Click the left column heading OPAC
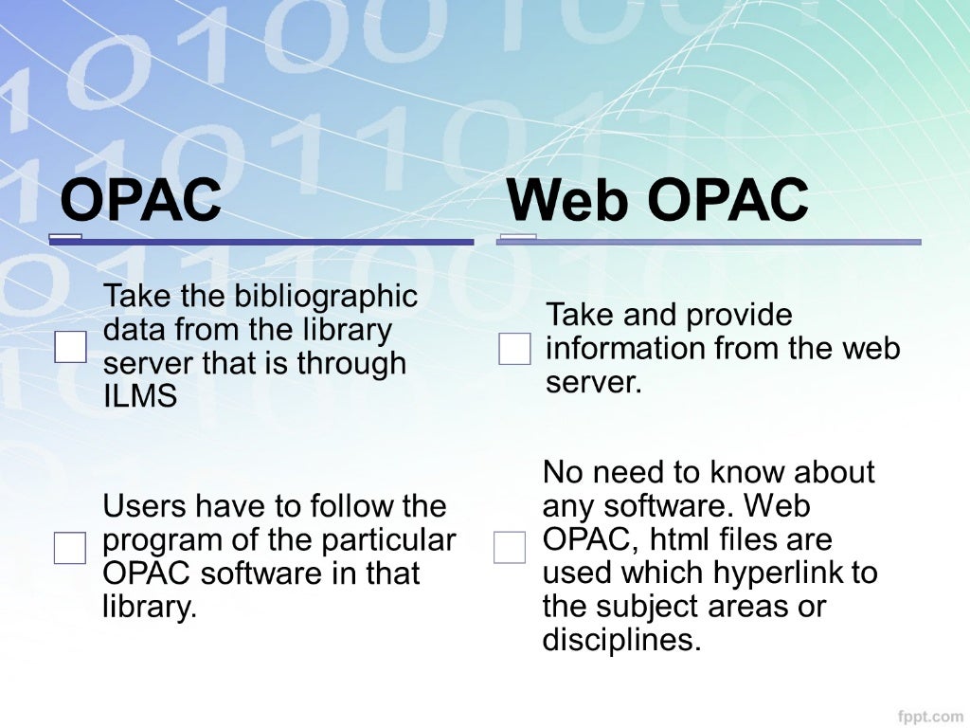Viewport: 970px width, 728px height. (x=140, y=200)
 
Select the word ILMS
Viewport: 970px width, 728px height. (x=139, y=396)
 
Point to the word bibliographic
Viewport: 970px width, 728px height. (x=321, y=297)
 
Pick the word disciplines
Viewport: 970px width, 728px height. (x=621, y=641)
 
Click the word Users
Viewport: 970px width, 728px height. (x=142, y=506)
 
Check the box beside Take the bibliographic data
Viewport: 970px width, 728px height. (x=70, y=347)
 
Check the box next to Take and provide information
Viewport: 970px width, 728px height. (x=514, y=349)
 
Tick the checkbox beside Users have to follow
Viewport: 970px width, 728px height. (x=70, y=548)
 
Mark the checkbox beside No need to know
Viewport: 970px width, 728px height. (x=510, y=547)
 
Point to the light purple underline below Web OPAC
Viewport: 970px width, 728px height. (x=710, y=242)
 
